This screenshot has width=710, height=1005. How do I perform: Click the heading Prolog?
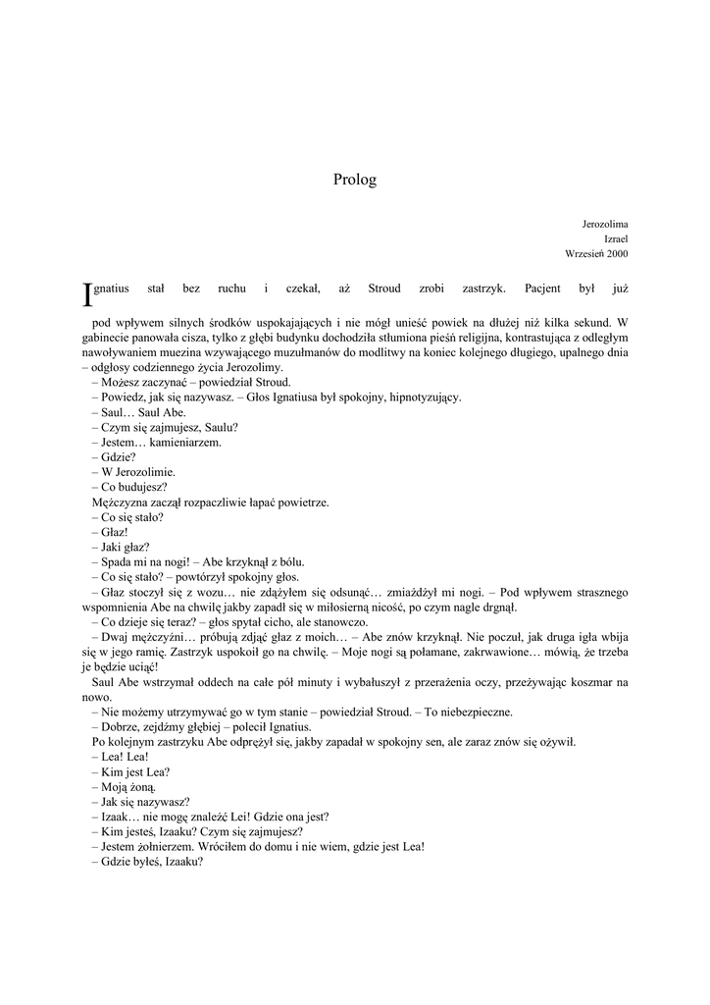click(354, 180)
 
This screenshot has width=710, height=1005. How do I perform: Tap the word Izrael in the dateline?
click(616, 238)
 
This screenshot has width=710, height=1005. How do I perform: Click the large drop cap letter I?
click(85, 293)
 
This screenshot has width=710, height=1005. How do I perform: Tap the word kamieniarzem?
click(185, 442)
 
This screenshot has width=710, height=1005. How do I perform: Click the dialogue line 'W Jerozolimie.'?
click(132, 472)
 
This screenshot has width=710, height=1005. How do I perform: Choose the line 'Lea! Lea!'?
click(120, 757)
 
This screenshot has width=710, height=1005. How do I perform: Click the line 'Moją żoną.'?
click(123, 787)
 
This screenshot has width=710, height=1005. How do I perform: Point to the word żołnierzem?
click(171, 847)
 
